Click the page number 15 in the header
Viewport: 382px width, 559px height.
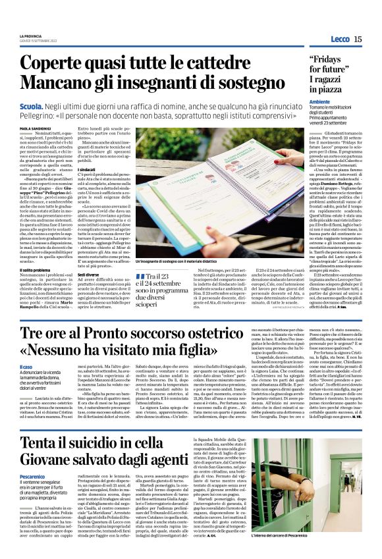coord(358,39)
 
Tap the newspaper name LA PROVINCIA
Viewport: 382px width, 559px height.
coord(31,36)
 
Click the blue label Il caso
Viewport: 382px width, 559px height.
coord(26,365)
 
